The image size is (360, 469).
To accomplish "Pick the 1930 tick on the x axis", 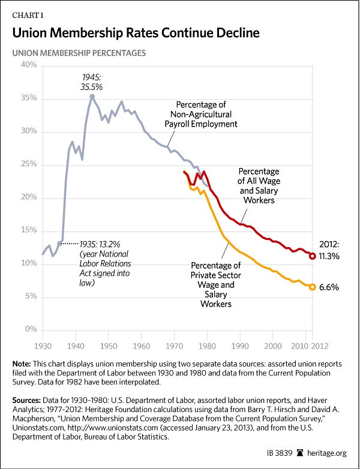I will pos(42,346).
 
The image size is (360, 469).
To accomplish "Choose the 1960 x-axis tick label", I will pos(141,346).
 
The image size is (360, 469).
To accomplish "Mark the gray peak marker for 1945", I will pos(92,96).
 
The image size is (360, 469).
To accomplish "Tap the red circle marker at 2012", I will pos(313,255).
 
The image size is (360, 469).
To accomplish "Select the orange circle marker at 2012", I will pos(313,287).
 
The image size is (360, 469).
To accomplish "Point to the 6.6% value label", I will pos(329,287).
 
